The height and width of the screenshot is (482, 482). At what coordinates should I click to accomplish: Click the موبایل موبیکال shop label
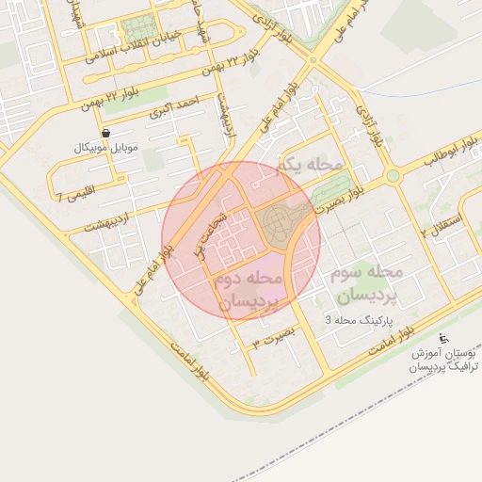click(104, 149)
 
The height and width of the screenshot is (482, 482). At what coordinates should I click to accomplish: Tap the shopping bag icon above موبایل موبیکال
click(105, 133)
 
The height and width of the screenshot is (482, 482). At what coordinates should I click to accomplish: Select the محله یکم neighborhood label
click(309, 166)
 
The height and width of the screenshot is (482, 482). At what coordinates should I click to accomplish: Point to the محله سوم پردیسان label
click(366, 283)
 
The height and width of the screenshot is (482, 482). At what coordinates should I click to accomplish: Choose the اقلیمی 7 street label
click(74, 198)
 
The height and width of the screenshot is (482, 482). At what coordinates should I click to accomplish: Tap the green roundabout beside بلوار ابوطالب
click(392, 175)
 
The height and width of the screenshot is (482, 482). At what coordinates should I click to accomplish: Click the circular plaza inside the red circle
click(280, 222)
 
